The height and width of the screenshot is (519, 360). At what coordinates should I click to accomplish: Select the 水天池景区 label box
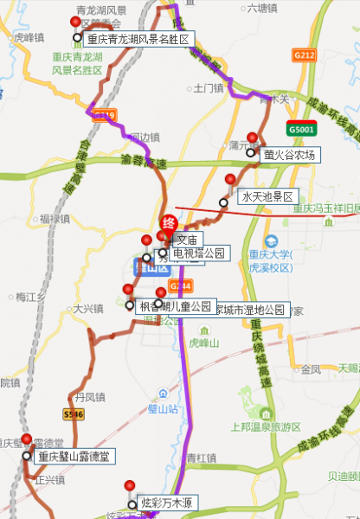point(268,197)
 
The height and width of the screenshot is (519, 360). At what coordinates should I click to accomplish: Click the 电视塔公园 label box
point(199,253)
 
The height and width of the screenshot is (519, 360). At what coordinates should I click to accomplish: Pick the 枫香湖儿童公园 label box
point(175,306)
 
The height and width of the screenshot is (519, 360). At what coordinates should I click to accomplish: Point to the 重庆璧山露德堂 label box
point(73,456)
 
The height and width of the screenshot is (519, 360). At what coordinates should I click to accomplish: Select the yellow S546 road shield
point(74,414)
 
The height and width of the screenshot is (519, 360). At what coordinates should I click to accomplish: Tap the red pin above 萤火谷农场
point(252,138)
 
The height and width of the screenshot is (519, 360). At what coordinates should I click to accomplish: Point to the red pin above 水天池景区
point(230,180)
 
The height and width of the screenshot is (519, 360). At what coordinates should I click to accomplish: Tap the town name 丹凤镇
point(89,397)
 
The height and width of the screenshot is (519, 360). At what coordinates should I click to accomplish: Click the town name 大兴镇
point(87,307)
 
